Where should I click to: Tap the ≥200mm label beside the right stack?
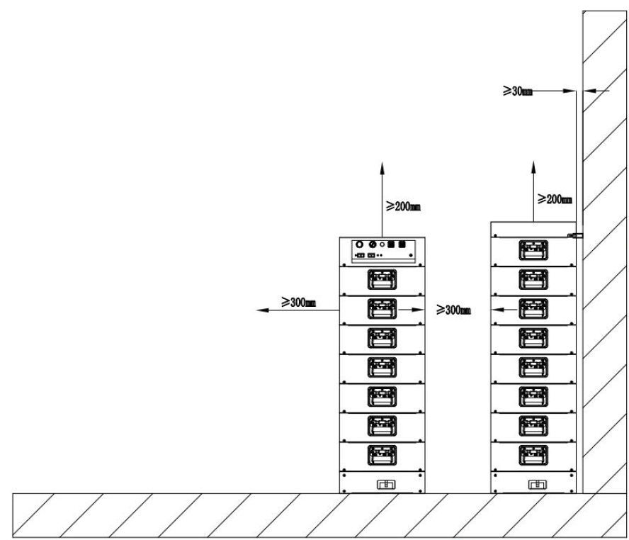[x=555, y=199]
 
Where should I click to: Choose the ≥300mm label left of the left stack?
[x=297, y=303]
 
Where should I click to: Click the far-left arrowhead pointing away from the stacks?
[x=261, y=310]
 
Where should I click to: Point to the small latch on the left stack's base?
[x=382, y=484]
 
